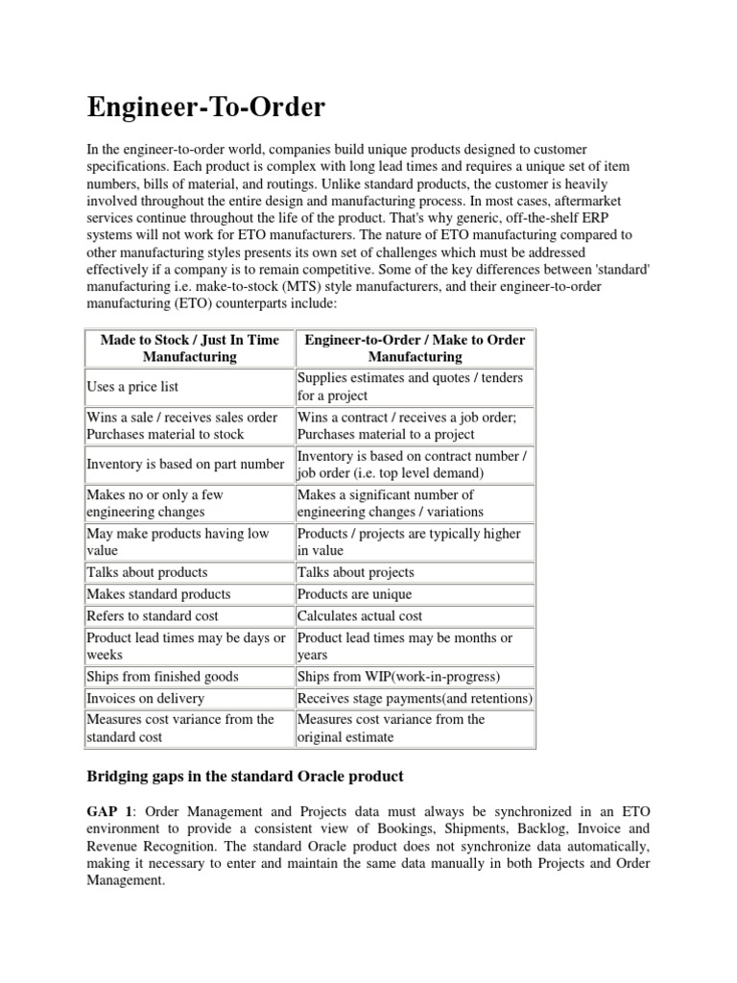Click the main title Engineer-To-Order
point(205,107)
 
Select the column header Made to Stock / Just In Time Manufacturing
point(189,348)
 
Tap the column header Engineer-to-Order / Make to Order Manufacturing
point(415,348)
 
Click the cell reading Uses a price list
point(133,387)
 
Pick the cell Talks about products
point(147,572)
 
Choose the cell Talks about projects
point(356,572)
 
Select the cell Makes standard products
point(158,594)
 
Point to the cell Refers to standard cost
point(153,616)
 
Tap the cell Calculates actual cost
point(360,616)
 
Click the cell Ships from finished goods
point(163,677)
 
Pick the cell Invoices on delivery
point(145,699)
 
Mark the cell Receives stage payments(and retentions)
point(415,699)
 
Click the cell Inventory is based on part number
point(185,465)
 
